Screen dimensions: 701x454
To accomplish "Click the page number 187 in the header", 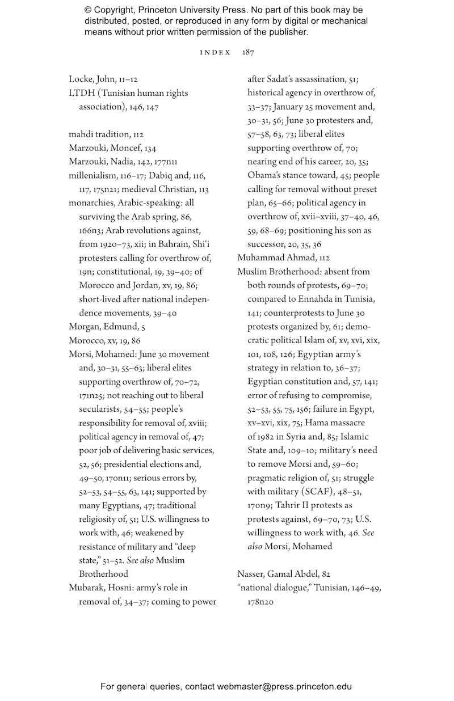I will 248,52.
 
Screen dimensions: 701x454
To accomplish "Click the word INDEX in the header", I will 216,52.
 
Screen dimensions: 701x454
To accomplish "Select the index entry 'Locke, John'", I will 91,79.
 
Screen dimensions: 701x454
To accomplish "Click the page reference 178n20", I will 260,602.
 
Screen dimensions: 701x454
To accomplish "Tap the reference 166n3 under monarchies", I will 91,230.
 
